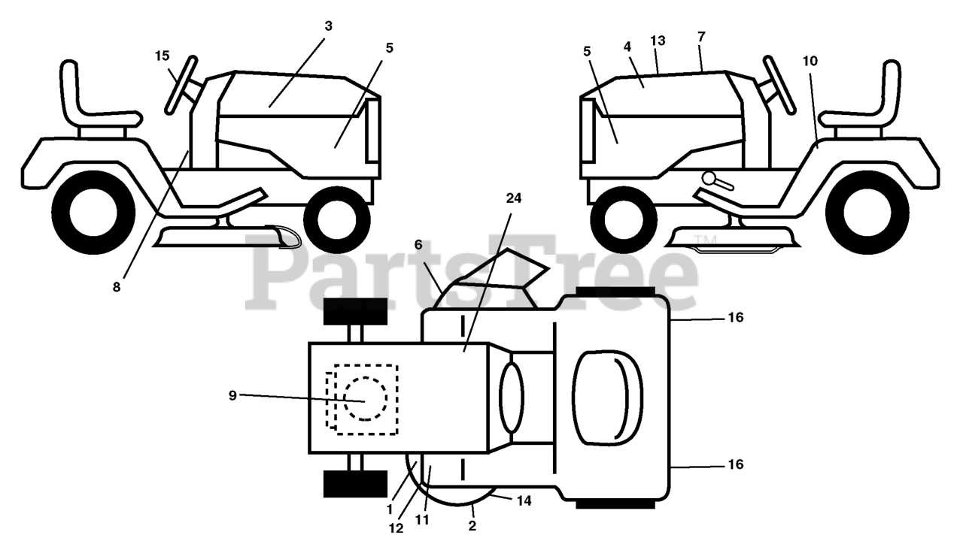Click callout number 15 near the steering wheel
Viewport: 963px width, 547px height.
163,56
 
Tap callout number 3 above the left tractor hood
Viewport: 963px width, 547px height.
328,26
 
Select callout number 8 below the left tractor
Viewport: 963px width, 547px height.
117,286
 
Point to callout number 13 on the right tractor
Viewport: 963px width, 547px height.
658,41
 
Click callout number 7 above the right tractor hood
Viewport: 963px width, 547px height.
701,37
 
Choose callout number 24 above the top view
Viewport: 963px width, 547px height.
513,198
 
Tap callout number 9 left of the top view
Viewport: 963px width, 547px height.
232,395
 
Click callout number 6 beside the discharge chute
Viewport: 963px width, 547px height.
418,245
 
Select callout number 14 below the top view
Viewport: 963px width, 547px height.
524,500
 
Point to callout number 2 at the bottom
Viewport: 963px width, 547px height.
472,526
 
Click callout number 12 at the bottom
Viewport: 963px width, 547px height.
396,528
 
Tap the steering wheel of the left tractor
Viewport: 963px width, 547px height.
181,84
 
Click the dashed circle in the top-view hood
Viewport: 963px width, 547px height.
366,399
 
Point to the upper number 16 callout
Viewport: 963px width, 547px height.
735,318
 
